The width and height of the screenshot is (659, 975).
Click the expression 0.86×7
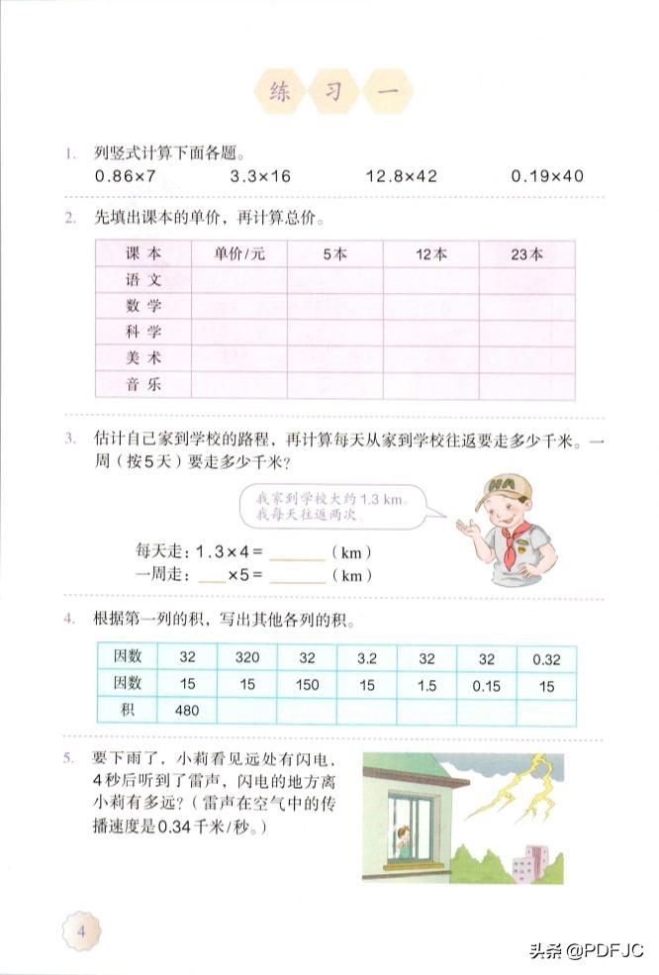tap(126, 176)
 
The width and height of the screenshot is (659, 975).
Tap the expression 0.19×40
tap(547, 176)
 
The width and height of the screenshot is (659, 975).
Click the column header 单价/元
tap(239, 253)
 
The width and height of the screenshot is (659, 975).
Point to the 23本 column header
tap(526, 253)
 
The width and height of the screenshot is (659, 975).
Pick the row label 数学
tap(143, 306)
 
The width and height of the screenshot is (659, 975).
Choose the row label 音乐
tap(143, 384)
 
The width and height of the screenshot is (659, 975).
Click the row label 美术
tap(143, 358)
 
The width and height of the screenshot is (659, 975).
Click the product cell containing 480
tap(188, 710)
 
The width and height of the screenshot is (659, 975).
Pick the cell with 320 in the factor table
tap(246, 657)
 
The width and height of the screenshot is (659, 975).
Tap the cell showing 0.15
tap(486, 684)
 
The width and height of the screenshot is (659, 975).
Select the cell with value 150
tap(307, 684)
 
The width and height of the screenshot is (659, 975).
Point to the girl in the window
tap(404, 842)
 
